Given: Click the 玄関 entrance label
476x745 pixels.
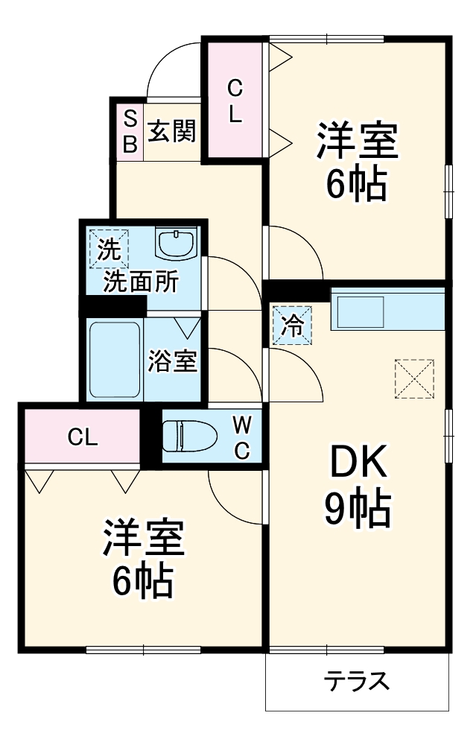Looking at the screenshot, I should [172, 132].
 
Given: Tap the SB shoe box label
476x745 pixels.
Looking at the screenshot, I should [130, 132].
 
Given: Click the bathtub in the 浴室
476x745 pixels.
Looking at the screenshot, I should [114, 359].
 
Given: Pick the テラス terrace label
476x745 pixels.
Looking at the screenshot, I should [357, 681].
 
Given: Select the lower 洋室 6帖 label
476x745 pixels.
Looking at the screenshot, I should [143, 559].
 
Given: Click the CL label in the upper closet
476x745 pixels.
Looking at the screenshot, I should [235, 102].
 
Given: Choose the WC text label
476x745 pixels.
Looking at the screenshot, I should [242, 437].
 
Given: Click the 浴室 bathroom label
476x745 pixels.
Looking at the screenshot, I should [172, 361].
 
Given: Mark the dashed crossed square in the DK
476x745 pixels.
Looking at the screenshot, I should [413, 378].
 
